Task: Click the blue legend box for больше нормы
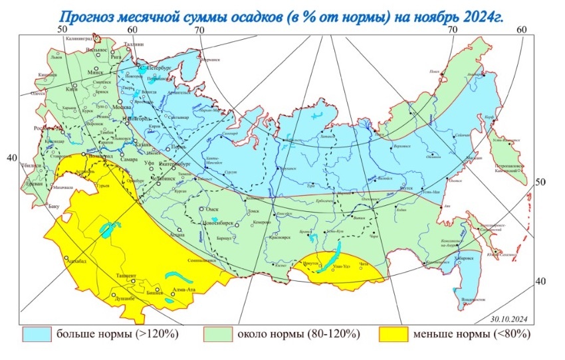coord(37,333)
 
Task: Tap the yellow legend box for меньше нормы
coord(393,333)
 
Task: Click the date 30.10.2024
coord(508,318)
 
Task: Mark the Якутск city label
coord(408,188)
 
